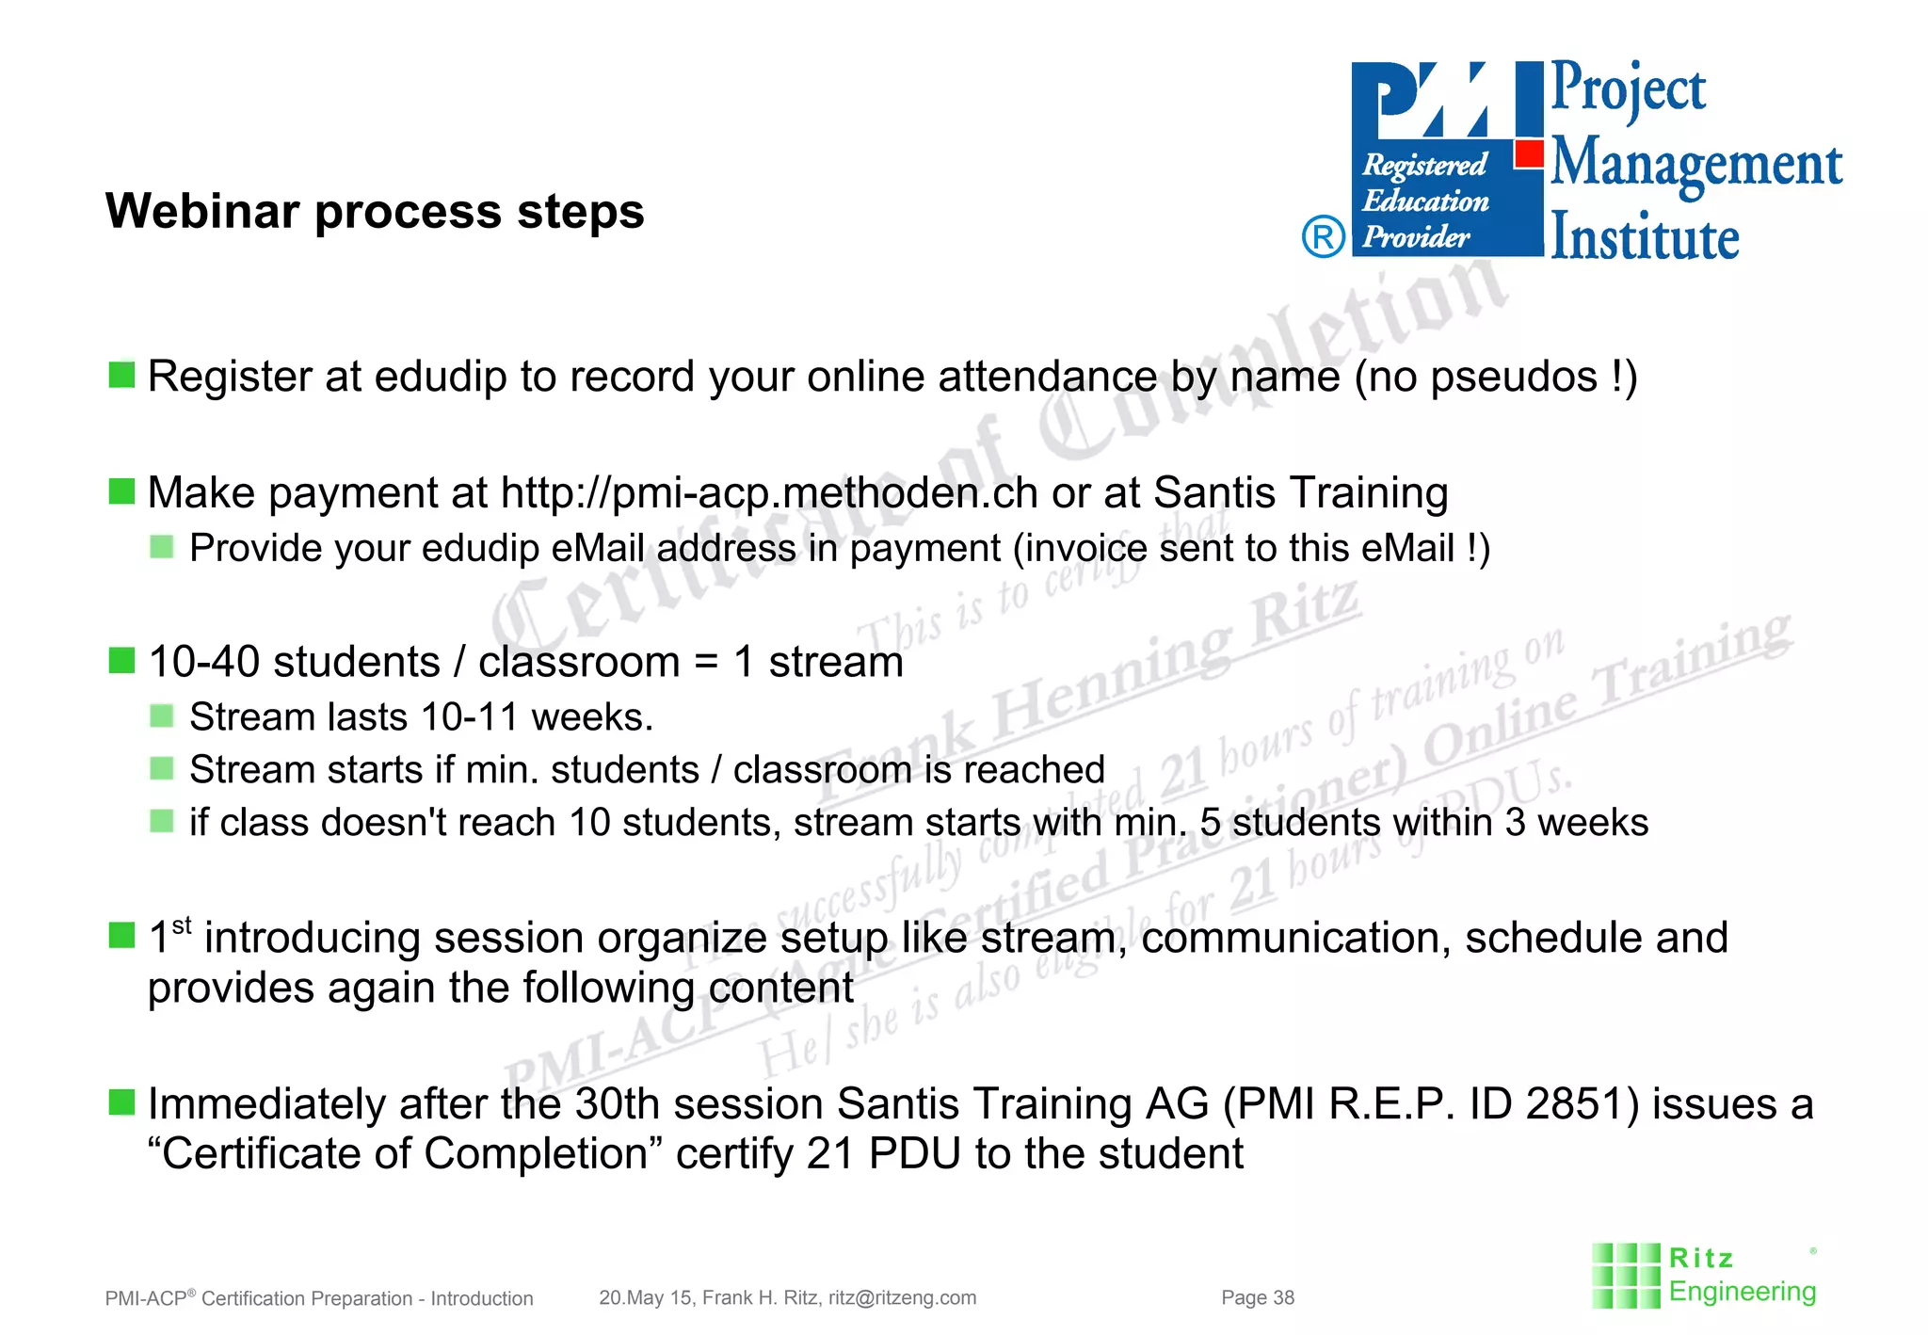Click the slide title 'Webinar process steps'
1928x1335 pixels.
coord(375,211)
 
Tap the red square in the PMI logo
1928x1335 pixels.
coord(1530,153)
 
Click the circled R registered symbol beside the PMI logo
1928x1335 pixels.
coord(1323,236)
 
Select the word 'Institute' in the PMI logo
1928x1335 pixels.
coord(1645,236)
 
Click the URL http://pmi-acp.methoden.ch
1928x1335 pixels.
coord(769,493)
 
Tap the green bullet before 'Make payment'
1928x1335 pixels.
coord(121,491)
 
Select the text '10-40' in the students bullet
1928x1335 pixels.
coord(203,662)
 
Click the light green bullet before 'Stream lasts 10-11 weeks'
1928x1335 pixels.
coord(162,716)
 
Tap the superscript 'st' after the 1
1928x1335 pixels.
coord(183,925)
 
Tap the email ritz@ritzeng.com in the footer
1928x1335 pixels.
coord(902,1298)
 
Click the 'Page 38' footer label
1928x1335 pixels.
coord(1258,1298)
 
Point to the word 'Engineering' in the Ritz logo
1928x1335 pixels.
coord(1742,1292)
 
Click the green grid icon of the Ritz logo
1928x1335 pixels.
coord(1626,1276)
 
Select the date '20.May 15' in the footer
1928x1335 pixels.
coord(645,1298)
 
